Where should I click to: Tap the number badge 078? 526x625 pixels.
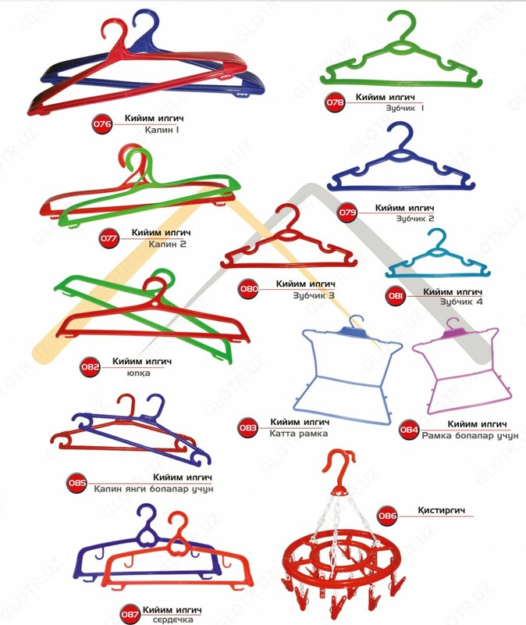click(x=336, y=102)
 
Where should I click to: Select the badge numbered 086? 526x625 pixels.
click(x=388, y=515)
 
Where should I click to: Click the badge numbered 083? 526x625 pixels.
click(x=249, y=427)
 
